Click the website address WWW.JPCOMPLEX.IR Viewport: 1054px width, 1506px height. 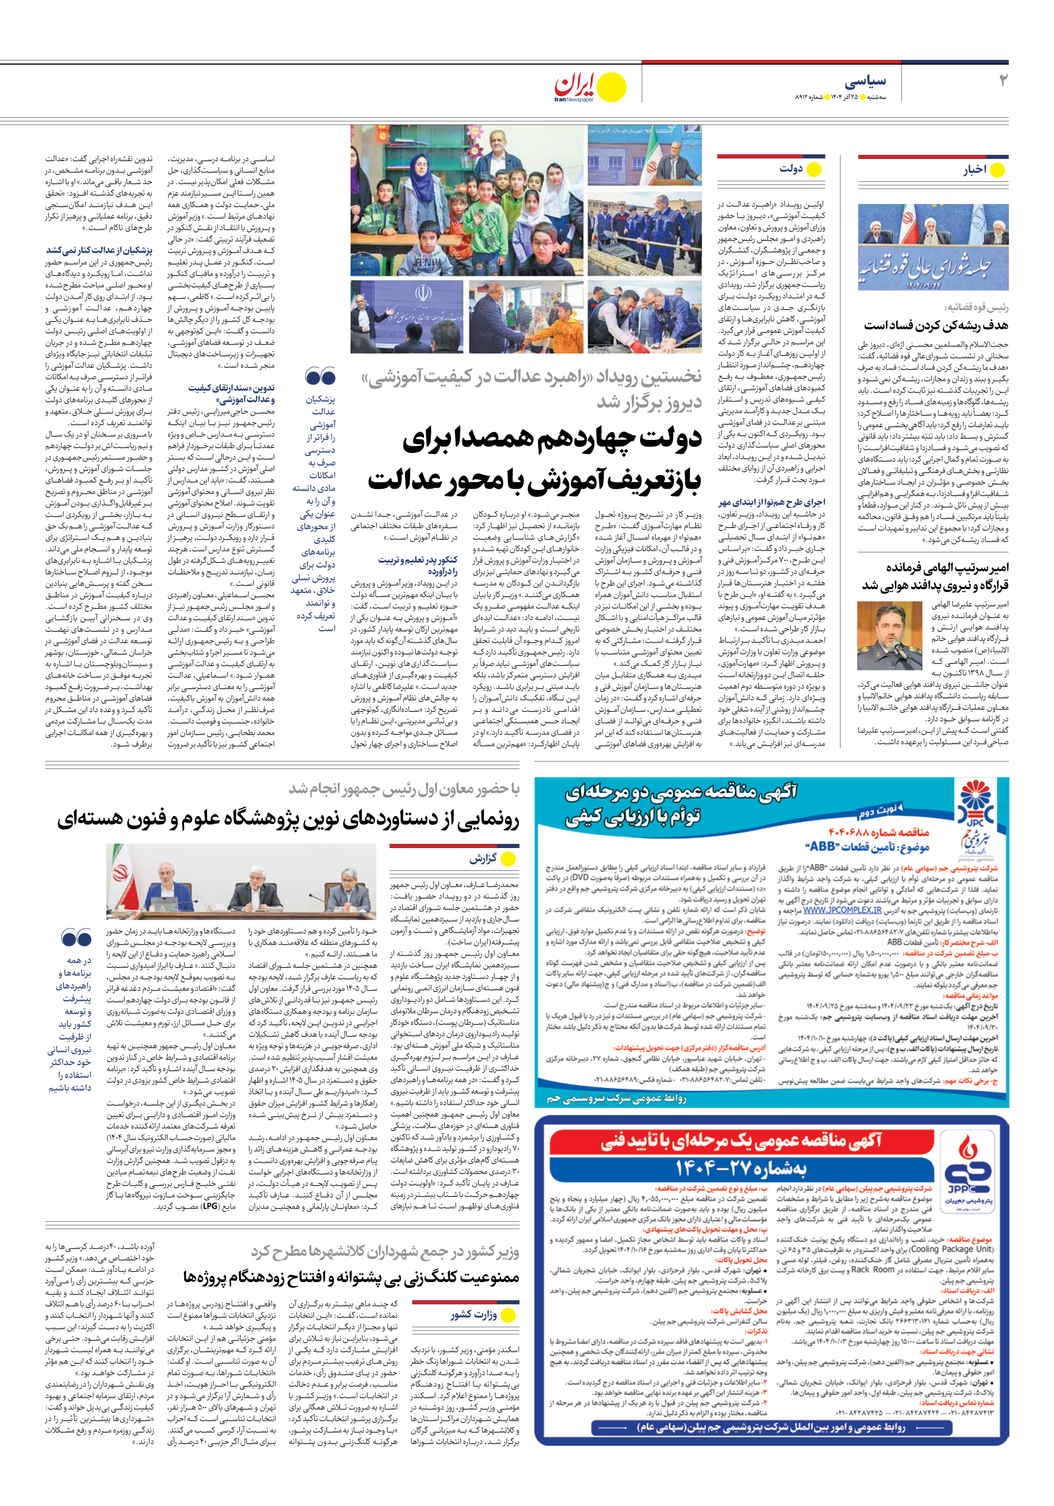842,910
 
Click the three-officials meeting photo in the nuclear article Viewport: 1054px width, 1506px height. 241,881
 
